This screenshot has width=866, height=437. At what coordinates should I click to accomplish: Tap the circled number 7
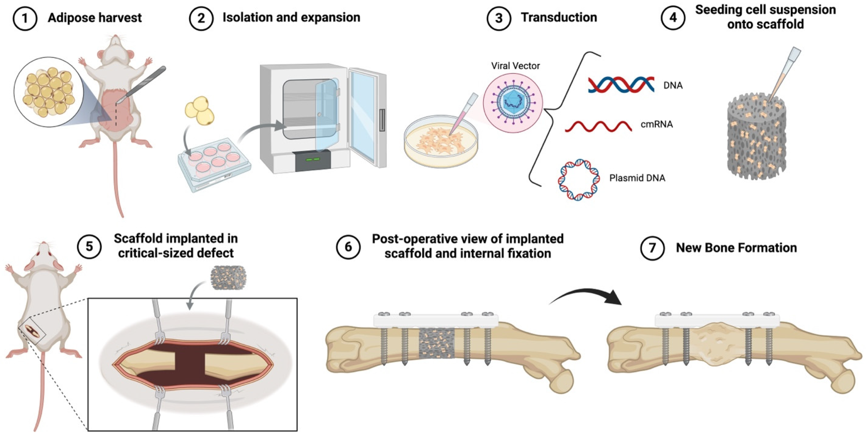[x=652, y=248]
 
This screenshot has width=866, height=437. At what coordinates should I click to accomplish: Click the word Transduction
[x=559, y=17]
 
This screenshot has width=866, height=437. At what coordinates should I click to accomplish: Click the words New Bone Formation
[x=736, y=248]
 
